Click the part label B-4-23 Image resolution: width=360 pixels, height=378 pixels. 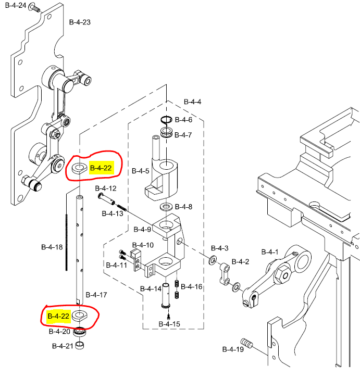click(x=80, y=22)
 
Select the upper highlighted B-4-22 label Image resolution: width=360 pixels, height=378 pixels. click(x=101, y=168)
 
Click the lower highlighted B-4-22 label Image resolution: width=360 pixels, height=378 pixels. click(x=58, y=316)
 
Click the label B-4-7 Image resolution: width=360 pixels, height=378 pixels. click(x=183, y=135)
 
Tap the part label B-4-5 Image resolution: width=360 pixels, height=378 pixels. click(x=140, y=170)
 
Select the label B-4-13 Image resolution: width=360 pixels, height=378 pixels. click(x=112, y=213)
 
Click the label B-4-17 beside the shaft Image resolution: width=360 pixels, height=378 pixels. click(x=96, y=295)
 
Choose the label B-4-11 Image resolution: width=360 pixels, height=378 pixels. click(x=116, y=265)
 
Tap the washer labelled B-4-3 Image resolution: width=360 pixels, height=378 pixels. click(x=214, y=259)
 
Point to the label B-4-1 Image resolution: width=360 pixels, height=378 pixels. click(x=270, y=252)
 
